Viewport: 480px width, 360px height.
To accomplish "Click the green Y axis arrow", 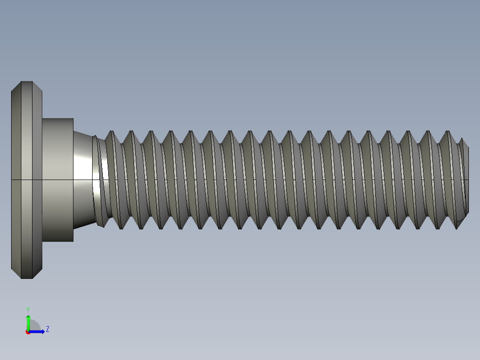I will tap(28, 321).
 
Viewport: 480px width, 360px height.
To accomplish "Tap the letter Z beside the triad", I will tap(48, 329).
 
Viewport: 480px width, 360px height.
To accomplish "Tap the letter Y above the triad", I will tap(28, 309).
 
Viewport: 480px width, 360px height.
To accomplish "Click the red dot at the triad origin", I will tap(28, 332).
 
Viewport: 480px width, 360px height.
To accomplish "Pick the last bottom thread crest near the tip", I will tap(457, 228).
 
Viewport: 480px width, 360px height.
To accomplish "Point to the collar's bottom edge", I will tap(58, 241).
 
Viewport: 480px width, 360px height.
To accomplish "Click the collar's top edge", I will tap(58, 119).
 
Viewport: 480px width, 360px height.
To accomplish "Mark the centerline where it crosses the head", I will tap(27, 180).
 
